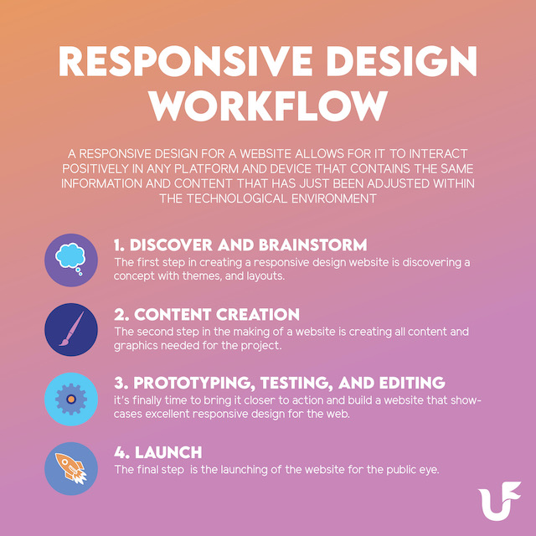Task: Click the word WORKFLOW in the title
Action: click(269, 106)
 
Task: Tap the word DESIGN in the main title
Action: click(402, 61)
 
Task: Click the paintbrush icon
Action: click(71, 329)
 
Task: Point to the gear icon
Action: click(71, 399)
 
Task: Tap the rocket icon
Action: click(70, 468)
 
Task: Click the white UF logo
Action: click(499, 501)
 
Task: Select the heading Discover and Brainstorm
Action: click(240, 245)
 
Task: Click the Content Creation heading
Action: click(207, 315)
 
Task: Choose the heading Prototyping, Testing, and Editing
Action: click(280, 384)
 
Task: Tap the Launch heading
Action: click(158, 452)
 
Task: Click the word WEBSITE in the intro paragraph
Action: click(265, 154)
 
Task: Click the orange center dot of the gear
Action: click(71, 399)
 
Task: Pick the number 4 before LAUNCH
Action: click(120, 452)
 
